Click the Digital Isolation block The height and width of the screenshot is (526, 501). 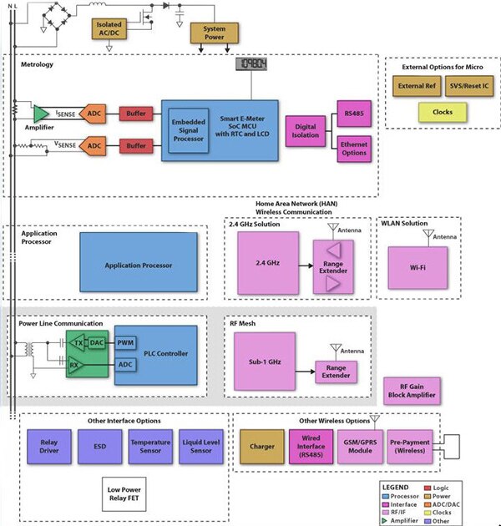(306, 129)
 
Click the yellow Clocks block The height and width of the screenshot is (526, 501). (443, 112)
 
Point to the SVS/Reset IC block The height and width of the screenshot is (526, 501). (468, 84)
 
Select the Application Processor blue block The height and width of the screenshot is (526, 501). (139, 266)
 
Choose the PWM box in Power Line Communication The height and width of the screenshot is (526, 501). (126, 342)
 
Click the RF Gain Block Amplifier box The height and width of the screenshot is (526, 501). (411, 390)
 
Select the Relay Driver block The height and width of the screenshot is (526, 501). (47, 447)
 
